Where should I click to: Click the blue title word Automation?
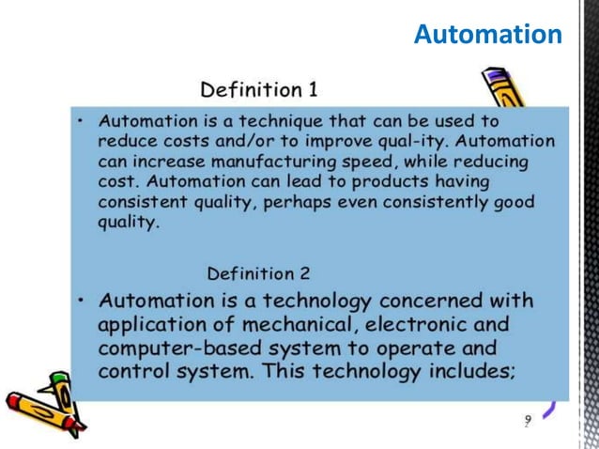[x=487, y=35]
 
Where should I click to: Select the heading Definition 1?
[x=259, y=90]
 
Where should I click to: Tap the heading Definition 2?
[x=258, y=274]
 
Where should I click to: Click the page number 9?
[x=528, y=420]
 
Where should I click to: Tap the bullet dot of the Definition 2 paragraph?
[x=82, y=302]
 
